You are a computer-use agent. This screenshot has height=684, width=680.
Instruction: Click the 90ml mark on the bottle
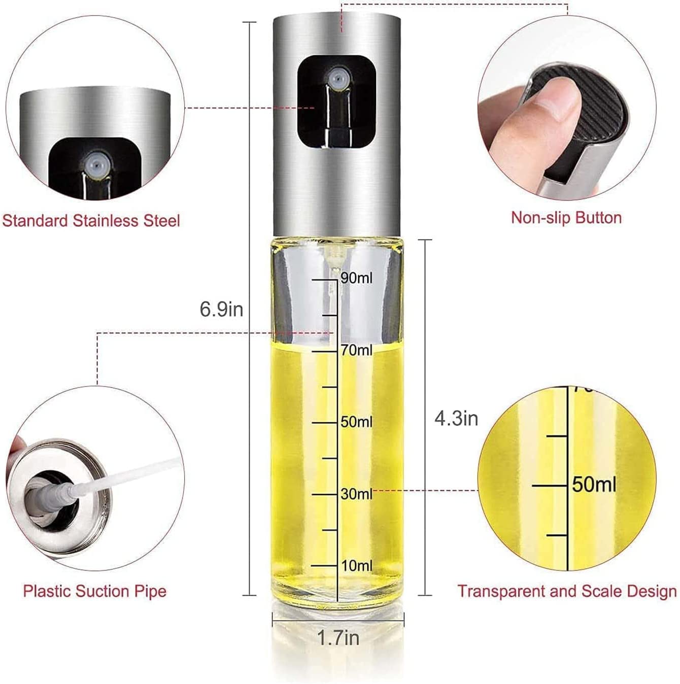pyautogui.click(x=356, y=278)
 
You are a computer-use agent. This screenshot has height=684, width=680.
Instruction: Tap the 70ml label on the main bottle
pyautogui.click(x=357, y=350)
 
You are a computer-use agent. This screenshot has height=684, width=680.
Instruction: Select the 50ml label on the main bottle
pyautogui.click(x=357, y=422)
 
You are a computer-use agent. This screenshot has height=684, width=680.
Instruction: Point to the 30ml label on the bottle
pyautogui.click(x=357, y=494)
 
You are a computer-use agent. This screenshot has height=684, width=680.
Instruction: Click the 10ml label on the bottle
pyautogui.click(x=357, y=566)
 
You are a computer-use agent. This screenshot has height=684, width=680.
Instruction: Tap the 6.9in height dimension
pyautogui.click(x=221, y=309)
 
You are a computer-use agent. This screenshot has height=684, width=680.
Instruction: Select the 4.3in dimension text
pyautogui.click(x=456, y=419)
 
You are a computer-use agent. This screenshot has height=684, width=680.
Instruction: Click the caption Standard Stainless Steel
pyautogui.click(x=91, y=221)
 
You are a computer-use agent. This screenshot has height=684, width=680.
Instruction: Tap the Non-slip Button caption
pyautogui.click(x=566, y=218)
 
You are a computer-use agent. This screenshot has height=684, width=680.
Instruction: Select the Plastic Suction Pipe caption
pyautogui.click(x=95, y=591)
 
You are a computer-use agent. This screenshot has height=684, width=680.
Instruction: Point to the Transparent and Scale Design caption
pyautogui.click(x=567, y=591)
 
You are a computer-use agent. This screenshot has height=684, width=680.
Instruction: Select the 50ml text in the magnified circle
pyautogui.click(x=594, y=484)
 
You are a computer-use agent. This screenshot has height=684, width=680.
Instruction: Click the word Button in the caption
pyautogui.click(x=599, y=218)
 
